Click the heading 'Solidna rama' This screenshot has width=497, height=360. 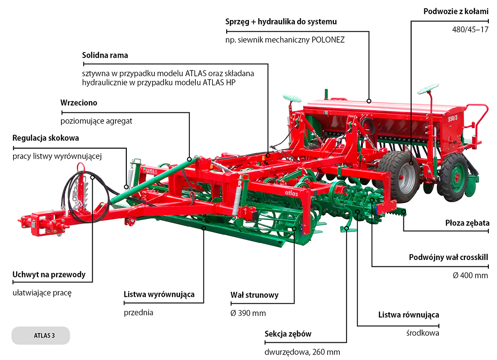[x=105, y=55]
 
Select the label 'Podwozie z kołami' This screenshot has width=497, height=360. [x=456, y=11]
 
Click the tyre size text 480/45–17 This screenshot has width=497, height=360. [x=470, y=30]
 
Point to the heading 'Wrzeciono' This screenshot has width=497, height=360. [x=79, y=103]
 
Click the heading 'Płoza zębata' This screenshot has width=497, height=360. [x=467, y=223]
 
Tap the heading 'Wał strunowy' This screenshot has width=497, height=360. [x=254, y=295]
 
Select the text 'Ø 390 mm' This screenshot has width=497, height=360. [x=248, y=313]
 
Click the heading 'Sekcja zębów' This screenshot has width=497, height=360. [x=288, y=334]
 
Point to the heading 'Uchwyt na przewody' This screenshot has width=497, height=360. [x=49, y=275]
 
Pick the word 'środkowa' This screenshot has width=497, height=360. [x=422, y=333]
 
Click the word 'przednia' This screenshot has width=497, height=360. [x=139, y=313]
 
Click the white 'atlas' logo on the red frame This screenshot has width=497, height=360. [x=291, y=192]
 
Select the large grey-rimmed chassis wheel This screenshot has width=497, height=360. [x=400, y=175]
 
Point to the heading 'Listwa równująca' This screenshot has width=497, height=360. [x=408, y=315]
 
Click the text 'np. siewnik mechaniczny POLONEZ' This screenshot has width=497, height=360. [x=285, y=40]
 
